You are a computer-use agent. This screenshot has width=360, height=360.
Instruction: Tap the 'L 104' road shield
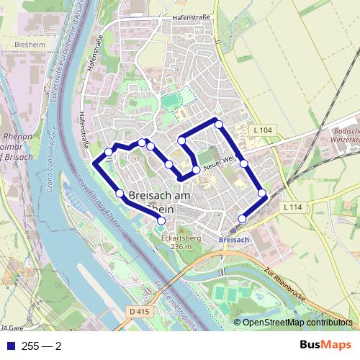coord(264,130)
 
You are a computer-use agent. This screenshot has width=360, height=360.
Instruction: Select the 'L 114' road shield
coord(292,207)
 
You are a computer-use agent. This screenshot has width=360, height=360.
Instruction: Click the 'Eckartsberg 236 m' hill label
coord(181,242)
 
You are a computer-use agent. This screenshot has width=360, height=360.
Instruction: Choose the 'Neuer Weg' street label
coord(220,163)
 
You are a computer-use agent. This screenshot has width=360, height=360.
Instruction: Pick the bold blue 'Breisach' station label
coord(233,239)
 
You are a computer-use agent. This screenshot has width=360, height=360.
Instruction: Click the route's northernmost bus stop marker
coord(219,124)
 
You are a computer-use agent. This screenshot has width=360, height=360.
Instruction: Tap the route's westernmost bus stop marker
coord(109,151)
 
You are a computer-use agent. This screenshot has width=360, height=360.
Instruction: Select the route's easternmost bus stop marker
coord(263,192)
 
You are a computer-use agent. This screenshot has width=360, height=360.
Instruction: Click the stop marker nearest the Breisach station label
coord(243,218)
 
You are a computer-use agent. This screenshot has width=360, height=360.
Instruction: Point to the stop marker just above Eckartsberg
coord(161,221)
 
